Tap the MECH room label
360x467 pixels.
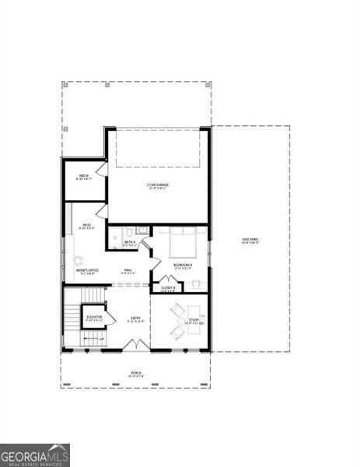(83, 176)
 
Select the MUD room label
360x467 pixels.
(87, 225)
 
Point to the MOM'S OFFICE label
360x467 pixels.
(87, 270)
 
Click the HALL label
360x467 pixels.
(128, 271)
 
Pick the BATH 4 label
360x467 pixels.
(130, 242)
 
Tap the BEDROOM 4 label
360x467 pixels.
(183, 265)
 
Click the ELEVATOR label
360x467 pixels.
(94, 317)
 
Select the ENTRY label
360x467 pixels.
(136, 318)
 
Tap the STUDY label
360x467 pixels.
(194, 320)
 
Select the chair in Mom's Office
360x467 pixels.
(78, 259)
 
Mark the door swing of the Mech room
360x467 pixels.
(101, 168)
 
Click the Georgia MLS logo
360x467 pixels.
(35, 455)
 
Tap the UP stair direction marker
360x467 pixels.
(101, 339)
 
